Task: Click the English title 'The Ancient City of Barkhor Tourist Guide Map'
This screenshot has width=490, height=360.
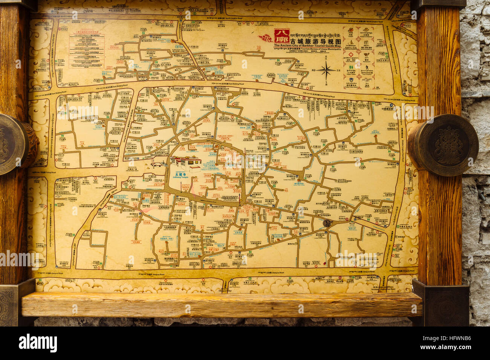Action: click(308, 46)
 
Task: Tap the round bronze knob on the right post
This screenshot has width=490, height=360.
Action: click(445, 145)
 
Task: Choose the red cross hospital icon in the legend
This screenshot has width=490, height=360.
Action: click(351, 55)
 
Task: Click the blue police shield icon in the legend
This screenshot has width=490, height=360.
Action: click(351, 81)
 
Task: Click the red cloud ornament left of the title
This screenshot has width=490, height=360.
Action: click(266, 38)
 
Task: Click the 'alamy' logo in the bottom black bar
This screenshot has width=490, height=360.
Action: click(38, 343)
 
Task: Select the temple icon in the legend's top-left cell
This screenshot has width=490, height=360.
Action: click(351, 30)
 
